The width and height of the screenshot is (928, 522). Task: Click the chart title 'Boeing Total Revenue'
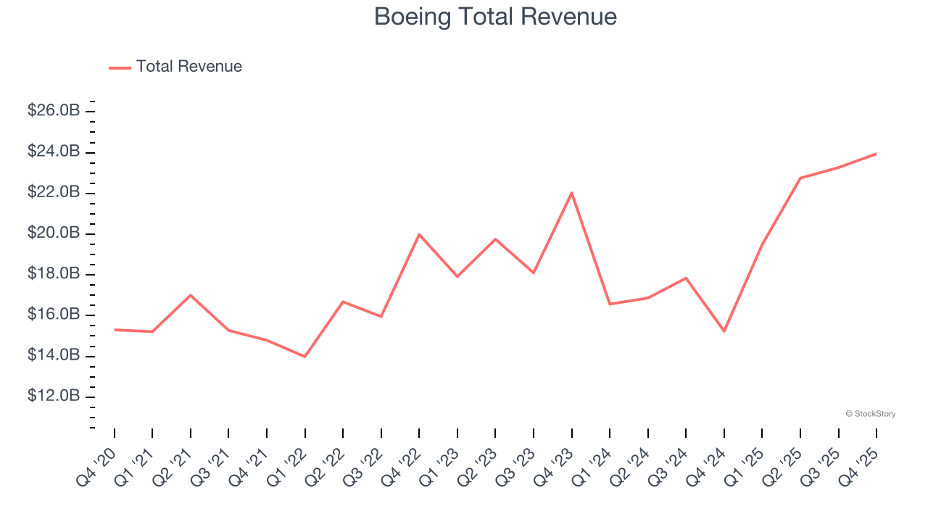(495, 17)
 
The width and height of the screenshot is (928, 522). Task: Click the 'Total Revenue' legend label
(188, 67)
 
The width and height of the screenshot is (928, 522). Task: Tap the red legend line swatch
(120, 67)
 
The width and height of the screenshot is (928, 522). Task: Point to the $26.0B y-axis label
(54, 111)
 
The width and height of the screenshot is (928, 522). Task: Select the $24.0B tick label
(54, 152)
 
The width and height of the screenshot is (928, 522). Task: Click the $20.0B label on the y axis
(54, 233)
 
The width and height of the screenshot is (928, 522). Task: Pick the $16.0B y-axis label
(54, 315)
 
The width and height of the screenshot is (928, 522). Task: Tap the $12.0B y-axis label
(54, 396)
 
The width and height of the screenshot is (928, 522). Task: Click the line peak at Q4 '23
(571, 193)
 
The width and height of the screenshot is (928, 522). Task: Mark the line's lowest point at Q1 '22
(304, 356)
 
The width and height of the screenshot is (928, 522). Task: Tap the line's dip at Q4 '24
(724, 331)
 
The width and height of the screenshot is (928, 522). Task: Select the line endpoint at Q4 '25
(876, 154)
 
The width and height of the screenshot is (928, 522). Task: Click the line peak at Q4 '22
(419, 234)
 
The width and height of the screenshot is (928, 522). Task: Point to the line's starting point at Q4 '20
(115, 330)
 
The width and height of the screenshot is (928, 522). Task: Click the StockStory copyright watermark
(870, 414)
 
